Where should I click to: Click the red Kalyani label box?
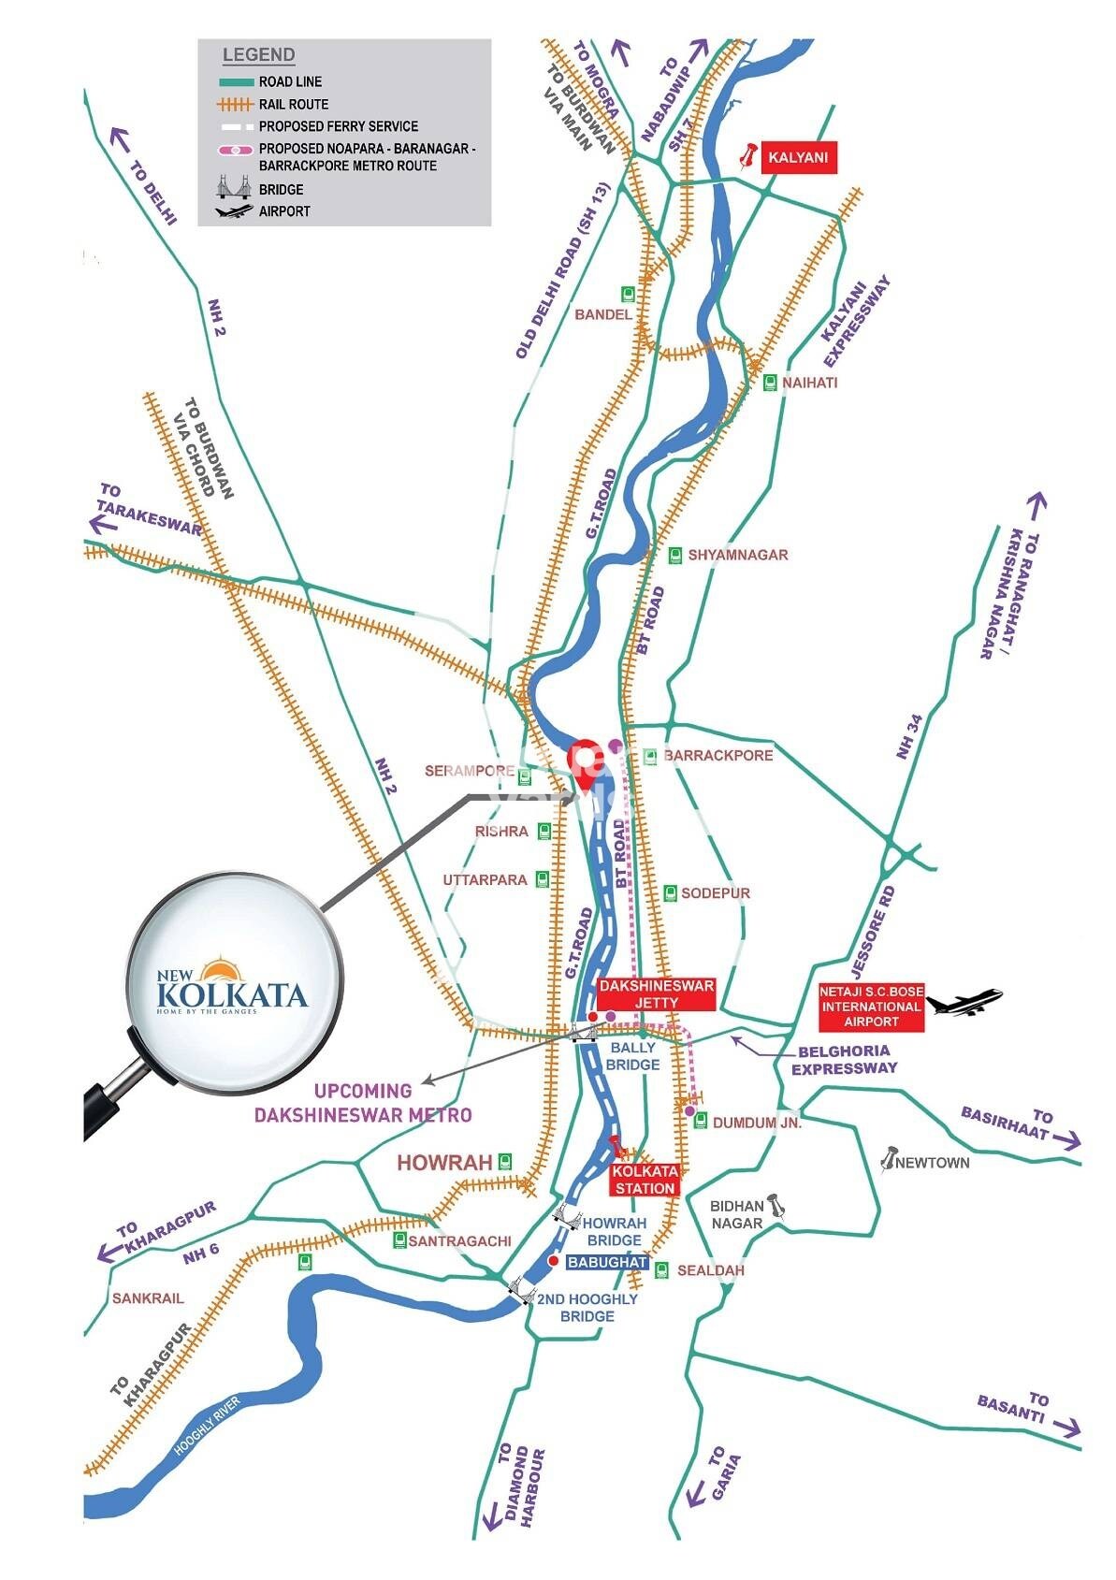click(797, 157)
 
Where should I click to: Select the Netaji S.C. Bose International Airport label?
click(870, 1007)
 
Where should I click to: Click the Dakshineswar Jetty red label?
click(656, 994)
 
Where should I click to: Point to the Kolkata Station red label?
click(645, 1180)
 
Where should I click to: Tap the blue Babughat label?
click(607, 1262)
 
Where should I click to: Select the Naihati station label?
click(810, 383)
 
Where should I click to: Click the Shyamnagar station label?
click(738, 555)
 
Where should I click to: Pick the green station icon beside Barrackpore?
click(649, 756)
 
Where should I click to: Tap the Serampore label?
click(470, 772)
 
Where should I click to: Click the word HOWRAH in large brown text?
click(444, 1163)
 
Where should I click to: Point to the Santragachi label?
click(459, 1240)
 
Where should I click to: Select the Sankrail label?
click(148, 1297)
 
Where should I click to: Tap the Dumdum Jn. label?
click(757, 1123)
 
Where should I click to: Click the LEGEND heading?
click(258, 55)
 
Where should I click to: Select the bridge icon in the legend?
click(235, 188)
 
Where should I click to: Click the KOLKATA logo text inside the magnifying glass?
click(232, 993)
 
